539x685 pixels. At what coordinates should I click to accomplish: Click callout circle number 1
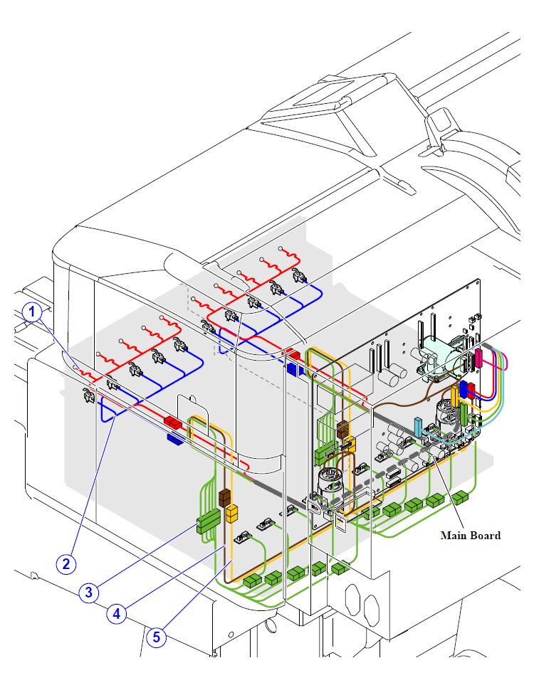tap(31, 312)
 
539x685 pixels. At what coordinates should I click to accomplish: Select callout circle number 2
tap(66, 563)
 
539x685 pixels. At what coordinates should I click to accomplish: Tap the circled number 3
tap(89, 593)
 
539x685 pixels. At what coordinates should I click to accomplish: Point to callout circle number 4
tap(116, 614)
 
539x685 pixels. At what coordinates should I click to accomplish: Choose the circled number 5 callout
tap(156, 637)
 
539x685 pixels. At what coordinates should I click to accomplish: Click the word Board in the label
tap(485, 536)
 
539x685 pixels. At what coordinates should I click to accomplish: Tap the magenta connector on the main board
tap(478, 358)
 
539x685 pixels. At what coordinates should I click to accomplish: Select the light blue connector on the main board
tap(418, 428)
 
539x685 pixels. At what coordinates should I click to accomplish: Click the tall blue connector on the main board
tap(464, 390)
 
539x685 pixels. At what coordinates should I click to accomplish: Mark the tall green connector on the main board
tap(464, 414)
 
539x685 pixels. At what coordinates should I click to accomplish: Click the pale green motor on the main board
tap(436, 354)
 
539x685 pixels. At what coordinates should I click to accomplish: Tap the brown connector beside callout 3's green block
tap(224, 498)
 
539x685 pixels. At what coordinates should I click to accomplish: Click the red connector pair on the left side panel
tap(173, 423)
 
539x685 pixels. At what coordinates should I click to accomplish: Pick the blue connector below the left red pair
tap(175, 439)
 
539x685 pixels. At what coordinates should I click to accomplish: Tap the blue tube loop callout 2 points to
tap(109, 414)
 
